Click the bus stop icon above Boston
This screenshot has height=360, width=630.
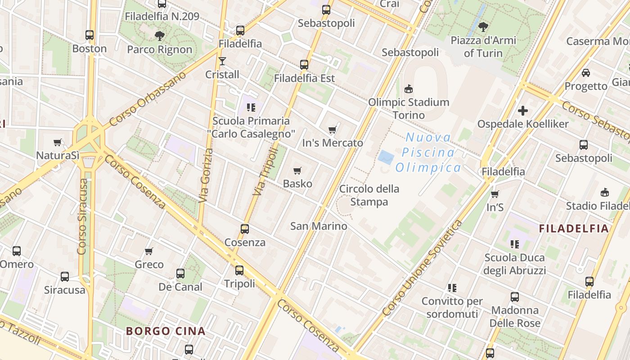[90, 35]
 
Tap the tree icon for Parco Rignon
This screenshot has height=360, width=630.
[159, 36]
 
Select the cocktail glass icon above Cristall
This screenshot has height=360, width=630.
[222, 61]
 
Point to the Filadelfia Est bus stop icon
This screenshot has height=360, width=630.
[304, 65]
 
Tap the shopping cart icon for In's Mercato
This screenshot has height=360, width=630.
[333, 130]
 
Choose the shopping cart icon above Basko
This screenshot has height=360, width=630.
[297, 171]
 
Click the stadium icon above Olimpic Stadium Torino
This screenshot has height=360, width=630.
[409, 89]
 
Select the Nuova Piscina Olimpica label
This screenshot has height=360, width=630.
[428, 153]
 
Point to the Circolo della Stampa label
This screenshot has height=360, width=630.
[369, 195]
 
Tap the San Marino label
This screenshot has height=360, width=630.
[319, 226]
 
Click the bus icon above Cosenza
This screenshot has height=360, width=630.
[245, 229]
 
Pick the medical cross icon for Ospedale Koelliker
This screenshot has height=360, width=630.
[522, 110]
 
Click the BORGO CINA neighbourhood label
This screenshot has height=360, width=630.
[166, 331]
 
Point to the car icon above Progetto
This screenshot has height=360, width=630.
[586, 72]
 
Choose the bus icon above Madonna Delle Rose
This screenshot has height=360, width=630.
[515, 297]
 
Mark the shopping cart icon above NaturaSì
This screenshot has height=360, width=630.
[58, 143]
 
